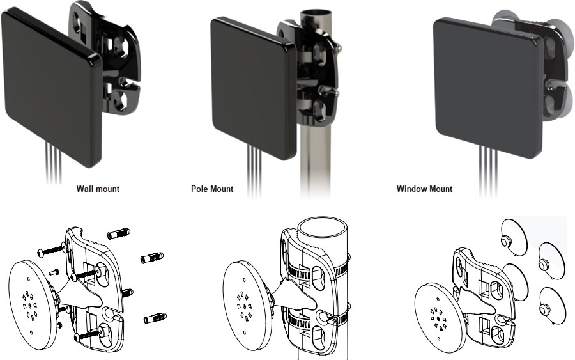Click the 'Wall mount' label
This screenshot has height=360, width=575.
(98, 189)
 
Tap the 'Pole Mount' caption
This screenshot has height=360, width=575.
(212, 189)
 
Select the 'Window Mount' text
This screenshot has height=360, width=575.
(424, 189)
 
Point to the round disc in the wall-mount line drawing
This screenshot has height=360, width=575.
(32, 301)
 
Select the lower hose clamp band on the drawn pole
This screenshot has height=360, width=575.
(313, 318)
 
